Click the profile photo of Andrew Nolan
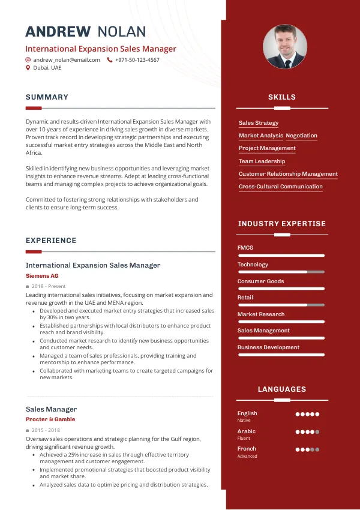click(x=285, y=46)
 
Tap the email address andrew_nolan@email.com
click(x=67, y=60)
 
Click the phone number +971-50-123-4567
click(x=137, y=60)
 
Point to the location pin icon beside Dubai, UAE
click(x=28, y=68)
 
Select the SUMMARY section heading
click(x=47, y=97)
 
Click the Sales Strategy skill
click(x=259, y=123)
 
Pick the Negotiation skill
click(x=301, y=136)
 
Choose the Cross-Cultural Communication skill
click(x=280, y=187)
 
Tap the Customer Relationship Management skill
click(x=288, y=174)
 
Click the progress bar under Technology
click(x=281, y=272)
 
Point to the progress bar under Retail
click(x=281, y=305)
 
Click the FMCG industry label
click(x=245, y=248)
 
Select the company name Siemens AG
click(x=42, y=275)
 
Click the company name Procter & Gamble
click(x=50, y=419)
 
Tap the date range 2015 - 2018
click(x=46, y=430)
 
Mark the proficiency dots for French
click(x=307, y=449)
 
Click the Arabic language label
click(x=246, y=431)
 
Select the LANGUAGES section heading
click(x=282, y=389)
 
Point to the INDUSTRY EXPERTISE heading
click(x=282, y=224)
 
